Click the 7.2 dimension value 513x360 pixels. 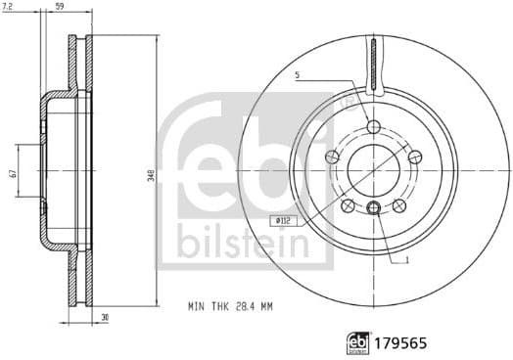click(x=9, y=8)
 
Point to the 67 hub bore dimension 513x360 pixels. click(x=13, y=173)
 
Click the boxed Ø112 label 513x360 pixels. click(x=284, y=221)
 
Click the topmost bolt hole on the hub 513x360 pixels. click(x=372, y=126)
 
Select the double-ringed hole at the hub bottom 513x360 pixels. click(x=372, y=207)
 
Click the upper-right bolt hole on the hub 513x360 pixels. click(x=412, y=157)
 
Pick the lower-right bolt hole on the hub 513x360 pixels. click(x=398, y=203)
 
